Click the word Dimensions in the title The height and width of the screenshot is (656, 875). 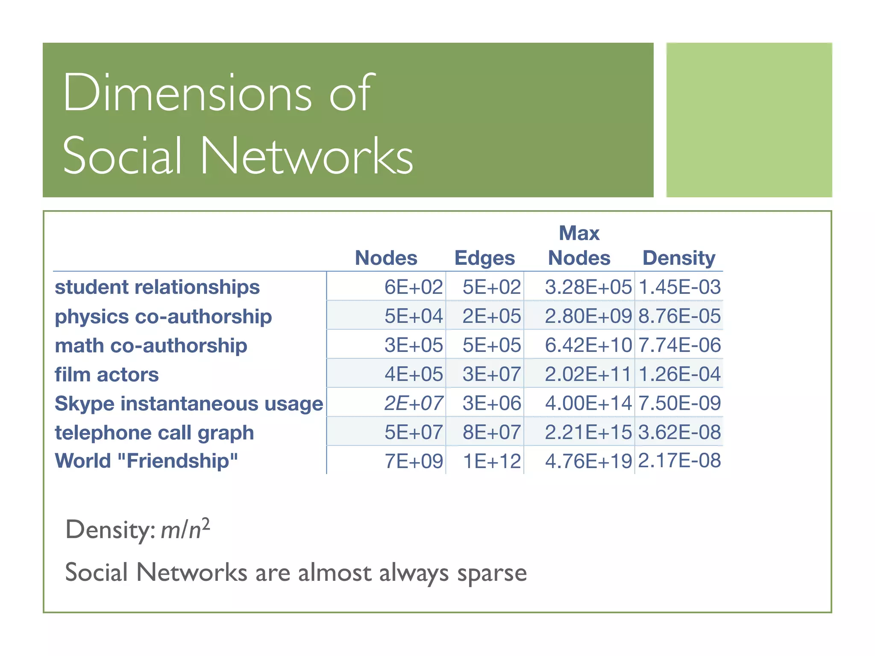point(188,93)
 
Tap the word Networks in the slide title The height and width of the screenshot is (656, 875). point(306,156)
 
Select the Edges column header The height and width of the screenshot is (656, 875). point(484,258)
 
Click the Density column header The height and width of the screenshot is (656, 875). point(678,258)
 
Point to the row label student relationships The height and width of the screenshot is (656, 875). point(157,287)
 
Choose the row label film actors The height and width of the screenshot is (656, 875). point(107,375)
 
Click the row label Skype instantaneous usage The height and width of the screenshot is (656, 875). point(189,404)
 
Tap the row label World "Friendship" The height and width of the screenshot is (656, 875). point(146,461)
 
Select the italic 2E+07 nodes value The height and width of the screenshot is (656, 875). point(413,404)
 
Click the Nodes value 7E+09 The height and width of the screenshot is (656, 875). point(414,461)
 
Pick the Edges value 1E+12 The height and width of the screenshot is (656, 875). point(492,461)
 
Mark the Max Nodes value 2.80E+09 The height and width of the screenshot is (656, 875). point(588,316)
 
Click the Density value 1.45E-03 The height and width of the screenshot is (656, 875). point(679,287)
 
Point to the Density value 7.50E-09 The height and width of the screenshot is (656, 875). point(679,404)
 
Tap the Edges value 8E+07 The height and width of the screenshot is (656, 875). point(492,432)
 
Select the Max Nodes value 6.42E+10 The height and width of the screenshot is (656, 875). point(588,345)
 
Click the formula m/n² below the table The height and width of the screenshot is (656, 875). point(185,530)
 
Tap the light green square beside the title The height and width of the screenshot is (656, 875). point(749,120)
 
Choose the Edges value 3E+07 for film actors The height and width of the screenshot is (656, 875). point(492,375)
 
